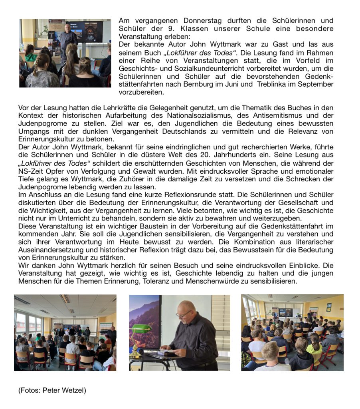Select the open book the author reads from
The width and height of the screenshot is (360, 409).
click(168, 352)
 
